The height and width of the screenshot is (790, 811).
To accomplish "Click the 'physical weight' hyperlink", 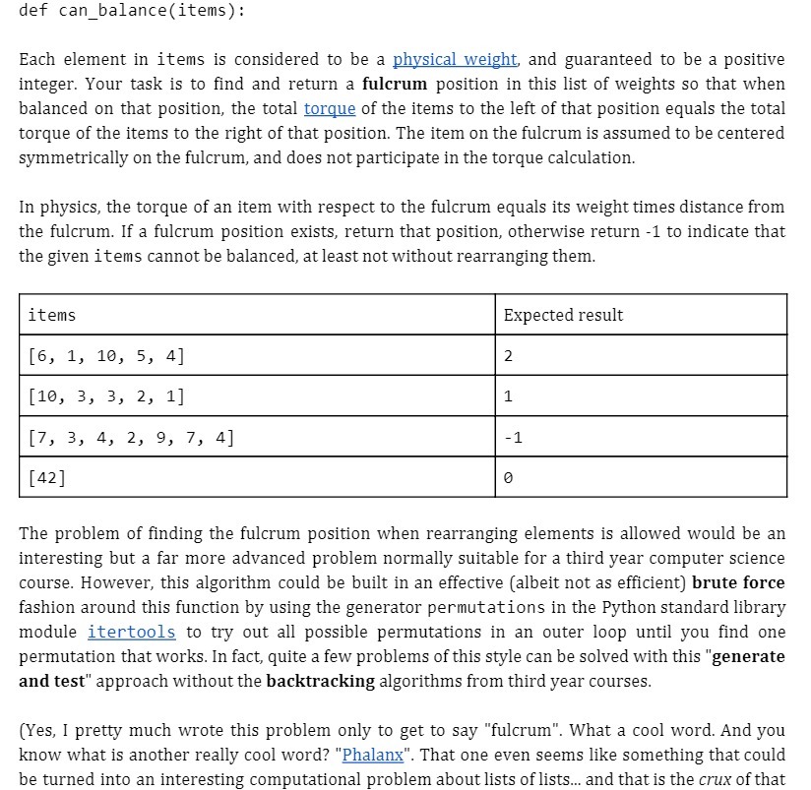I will pos(455,60).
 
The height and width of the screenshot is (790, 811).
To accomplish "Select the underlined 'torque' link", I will pos(330,108).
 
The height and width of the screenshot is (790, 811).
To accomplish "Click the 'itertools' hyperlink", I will pos(131,632).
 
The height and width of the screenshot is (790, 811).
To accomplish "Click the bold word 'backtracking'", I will pos(321,680).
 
